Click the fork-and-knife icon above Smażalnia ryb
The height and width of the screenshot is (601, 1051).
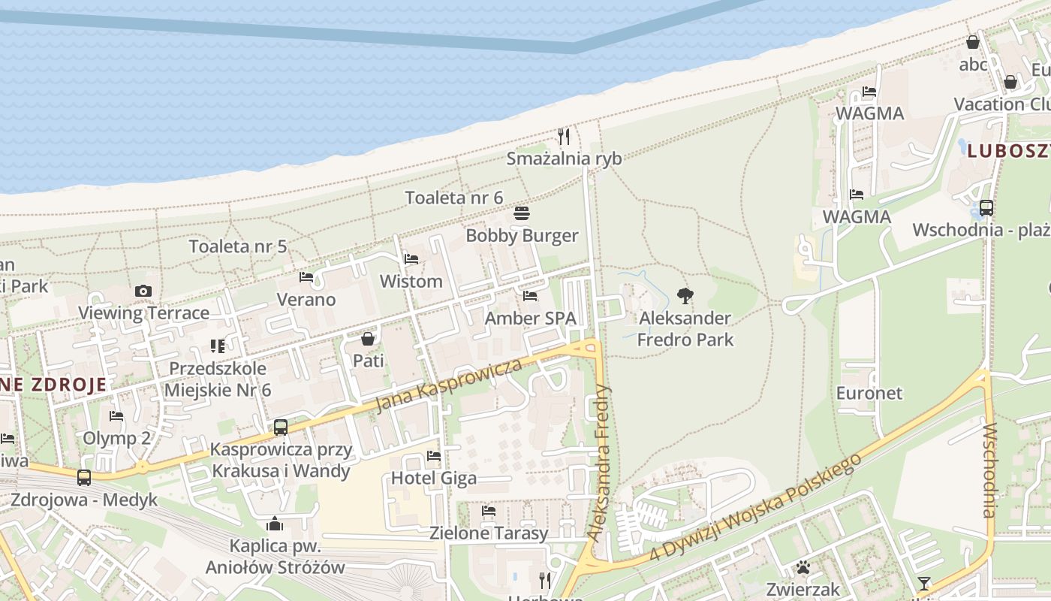pos(564,136)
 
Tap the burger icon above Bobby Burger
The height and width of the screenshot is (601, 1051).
pos(522,213)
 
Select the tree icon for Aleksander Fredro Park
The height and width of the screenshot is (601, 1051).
pos(685,296)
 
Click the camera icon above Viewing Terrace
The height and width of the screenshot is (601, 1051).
pos(143,291)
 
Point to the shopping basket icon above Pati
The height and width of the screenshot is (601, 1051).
pos(368,339)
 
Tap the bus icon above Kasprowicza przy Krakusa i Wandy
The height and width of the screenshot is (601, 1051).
pos(281,427)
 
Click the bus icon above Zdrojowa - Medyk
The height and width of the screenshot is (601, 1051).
pos(84,477)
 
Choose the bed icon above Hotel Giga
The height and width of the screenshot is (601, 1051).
pos(434,455)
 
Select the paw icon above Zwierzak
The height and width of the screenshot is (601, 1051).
pos(803,566)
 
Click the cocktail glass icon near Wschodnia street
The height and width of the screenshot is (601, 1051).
pos(923,584)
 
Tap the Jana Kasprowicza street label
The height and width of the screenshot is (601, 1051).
pos(448,385)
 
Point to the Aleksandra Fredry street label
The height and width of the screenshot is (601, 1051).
pos(600,464)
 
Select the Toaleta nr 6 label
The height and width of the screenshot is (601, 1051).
pos(454,198)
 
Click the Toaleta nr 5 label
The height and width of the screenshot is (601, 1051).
pos(238,246)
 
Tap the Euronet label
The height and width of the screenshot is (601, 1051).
pos(869,393)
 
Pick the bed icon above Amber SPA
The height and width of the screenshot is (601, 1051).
pos(530,296)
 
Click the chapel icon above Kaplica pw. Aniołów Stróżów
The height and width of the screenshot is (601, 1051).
pos(275,524)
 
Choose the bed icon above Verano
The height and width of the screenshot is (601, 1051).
pos(306,277)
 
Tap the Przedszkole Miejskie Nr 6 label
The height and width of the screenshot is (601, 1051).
pos(217,379)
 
